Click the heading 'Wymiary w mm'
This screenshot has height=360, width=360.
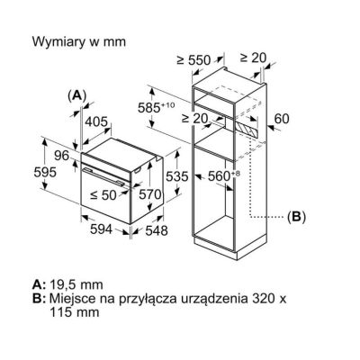pyautogui.click(x=79, y=41)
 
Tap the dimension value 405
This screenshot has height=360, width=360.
pyautogui.click(x=96, y=121)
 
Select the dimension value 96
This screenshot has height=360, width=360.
pyautogui.click(x=62, y=156)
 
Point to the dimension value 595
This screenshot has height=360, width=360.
pyautogui.click(x=45, y=173)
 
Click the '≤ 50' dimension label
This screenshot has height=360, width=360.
pyautogui.click(x=103, y=195)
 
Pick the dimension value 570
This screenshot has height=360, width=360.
pyautogui.click(x=150, y=194)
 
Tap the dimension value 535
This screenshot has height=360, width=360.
pyautogui.click(x=177, y=176)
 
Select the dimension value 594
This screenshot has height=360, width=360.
pyautogui.click(x=101, y=229)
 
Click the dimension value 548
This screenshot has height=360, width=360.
pyautogui.click(x=157, y=230)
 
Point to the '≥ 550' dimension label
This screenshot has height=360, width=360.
pyautogui.click(x=193, y=60)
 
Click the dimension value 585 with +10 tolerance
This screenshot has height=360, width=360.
pyautogui.click(x=156, y=107)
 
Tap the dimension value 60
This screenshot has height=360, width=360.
pyautogui.click(x=282, y=119)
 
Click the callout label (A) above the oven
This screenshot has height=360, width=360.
pyautogui.click(x=77, y=95)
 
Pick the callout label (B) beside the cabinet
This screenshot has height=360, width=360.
pyautogui.click(x=296, y=216)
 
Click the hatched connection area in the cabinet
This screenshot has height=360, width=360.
pyautogui.click(x=247, y=130)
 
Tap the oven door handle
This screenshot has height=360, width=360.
pyautogui.click(x=104, y=176)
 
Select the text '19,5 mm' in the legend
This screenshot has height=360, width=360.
pyautogui.click(x=76, y=284)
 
